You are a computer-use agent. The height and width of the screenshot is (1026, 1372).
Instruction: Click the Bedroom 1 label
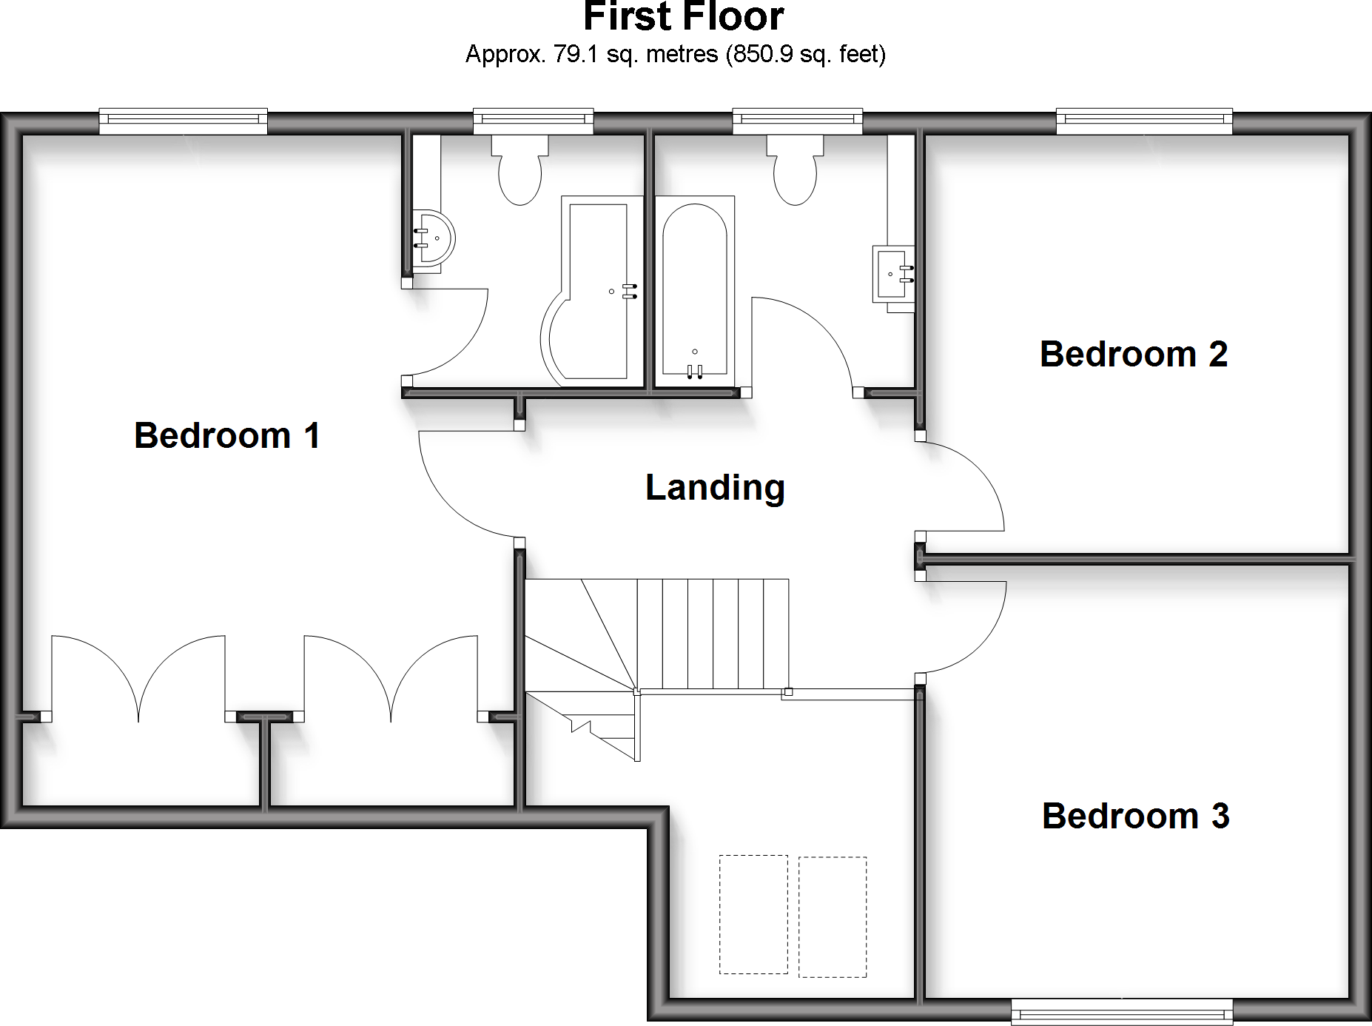227,435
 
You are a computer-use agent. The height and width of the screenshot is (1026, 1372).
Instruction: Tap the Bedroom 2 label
1133,354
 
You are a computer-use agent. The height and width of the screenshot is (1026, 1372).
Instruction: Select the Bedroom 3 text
1135,816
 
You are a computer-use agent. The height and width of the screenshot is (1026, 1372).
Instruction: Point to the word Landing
715,487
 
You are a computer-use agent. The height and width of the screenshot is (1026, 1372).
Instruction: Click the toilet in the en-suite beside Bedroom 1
520,170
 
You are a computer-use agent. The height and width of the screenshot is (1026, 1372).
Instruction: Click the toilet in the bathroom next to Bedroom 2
795,170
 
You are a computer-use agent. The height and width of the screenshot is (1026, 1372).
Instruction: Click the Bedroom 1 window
183,120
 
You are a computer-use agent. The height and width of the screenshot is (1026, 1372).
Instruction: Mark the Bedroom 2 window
1144,120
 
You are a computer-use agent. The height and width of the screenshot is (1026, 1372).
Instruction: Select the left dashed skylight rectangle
753,914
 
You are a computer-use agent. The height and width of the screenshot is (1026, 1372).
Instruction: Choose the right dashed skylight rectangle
833,916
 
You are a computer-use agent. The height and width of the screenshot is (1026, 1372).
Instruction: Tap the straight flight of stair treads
713,634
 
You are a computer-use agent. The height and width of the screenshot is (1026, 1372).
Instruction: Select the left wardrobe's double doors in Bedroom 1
138,677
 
